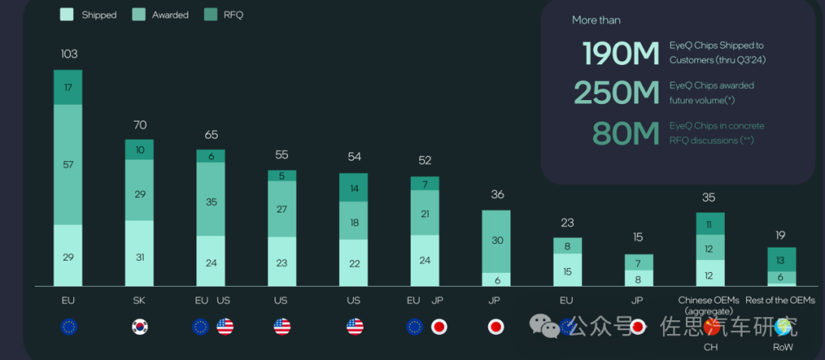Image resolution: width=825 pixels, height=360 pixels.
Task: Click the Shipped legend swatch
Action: [66, 15]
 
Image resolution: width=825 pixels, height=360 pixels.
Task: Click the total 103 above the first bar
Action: [69, 54]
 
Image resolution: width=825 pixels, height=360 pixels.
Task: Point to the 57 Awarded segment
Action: [68, 164]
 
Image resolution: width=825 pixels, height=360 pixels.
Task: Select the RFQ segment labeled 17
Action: [68, 87]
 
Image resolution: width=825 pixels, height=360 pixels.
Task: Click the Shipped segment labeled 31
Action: [139, 257]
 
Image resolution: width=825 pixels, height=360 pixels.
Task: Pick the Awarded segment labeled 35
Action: [211, 203]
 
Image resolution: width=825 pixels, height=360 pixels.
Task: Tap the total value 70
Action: [139, 125]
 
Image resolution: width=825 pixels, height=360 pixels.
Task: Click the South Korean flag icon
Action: [139, 327]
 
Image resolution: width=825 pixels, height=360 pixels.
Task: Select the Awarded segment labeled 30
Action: [497, 240]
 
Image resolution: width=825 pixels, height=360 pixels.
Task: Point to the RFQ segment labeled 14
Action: [354, 187]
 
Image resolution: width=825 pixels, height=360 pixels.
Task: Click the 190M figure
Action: [620, 54]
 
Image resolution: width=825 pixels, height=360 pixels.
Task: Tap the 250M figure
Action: [616, 92]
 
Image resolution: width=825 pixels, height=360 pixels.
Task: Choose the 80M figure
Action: [626, 133]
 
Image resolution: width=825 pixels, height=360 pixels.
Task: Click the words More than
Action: [596, 20]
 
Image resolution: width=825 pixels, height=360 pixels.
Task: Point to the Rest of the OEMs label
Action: [780, 300]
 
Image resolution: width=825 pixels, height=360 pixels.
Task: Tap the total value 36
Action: [497, 195]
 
